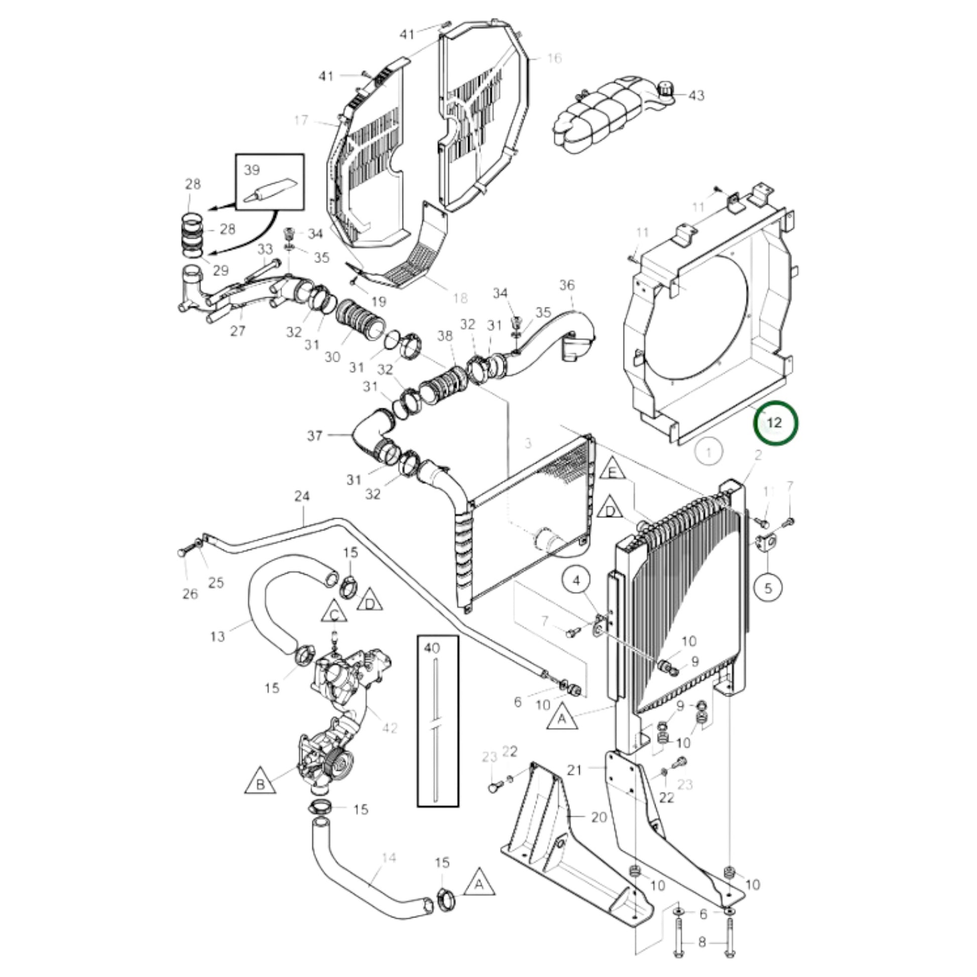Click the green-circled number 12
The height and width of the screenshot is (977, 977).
tap(775, 423)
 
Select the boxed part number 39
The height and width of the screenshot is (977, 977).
tap(252, 170)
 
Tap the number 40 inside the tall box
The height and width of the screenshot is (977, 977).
tap(432, 648)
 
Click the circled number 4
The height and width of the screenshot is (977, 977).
tap(577, 580)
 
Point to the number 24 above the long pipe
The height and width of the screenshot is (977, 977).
tap(302, 496)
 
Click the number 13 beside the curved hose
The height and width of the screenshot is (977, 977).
tap(217, 636)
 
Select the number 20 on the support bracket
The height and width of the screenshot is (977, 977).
tap(599, 831)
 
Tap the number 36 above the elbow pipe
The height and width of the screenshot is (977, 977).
tap(567, 285)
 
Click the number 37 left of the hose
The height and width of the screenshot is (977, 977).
tap(315, 435)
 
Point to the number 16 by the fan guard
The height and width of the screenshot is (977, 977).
tap(554, 59)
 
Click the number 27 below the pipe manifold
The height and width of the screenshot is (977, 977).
tap(237, 331)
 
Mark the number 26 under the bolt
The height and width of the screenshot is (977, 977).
tap(190, 594)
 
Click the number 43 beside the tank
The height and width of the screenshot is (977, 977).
tap(696, 95)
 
